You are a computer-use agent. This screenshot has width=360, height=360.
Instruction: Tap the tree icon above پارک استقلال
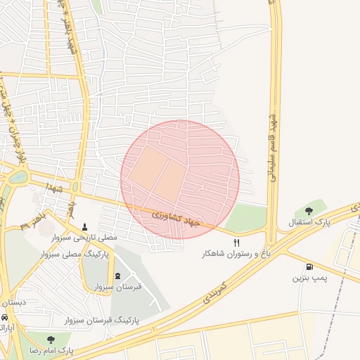pyautogui.click(x=309, y=210)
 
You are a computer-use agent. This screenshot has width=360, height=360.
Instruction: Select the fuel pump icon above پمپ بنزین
pyautogui.click(x=309, y=266)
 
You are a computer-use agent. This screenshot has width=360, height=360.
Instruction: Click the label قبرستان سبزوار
pyautogui.click(x=117, y=287)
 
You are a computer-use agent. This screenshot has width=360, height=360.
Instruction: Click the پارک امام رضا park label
pyautogui.click(x=50, y=349)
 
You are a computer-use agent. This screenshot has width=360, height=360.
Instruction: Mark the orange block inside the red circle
pyautogui.click(x=157, y=173)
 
